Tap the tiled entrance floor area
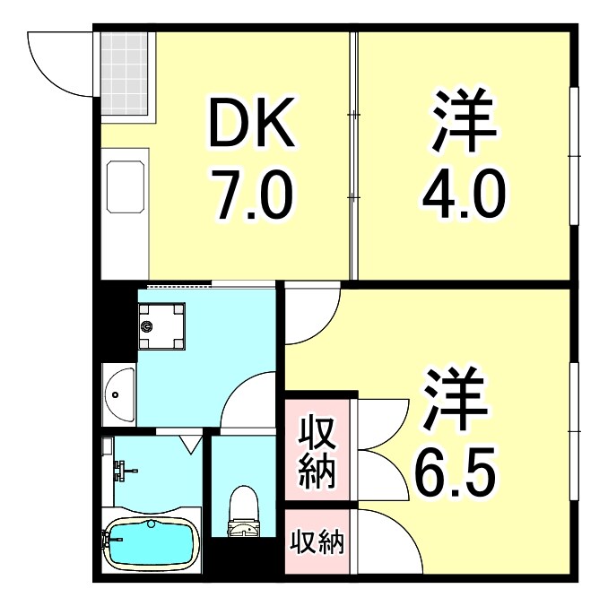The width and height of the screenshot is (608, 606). [x=124, y=74]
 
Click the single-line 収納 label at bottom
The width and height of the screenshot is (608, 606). [x=317, y=541]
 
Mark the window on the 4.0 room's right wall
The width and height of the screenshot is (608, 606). [x=575, y=155]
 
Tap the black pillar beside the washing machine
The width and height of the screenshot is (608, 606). [x=114, y=323]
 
